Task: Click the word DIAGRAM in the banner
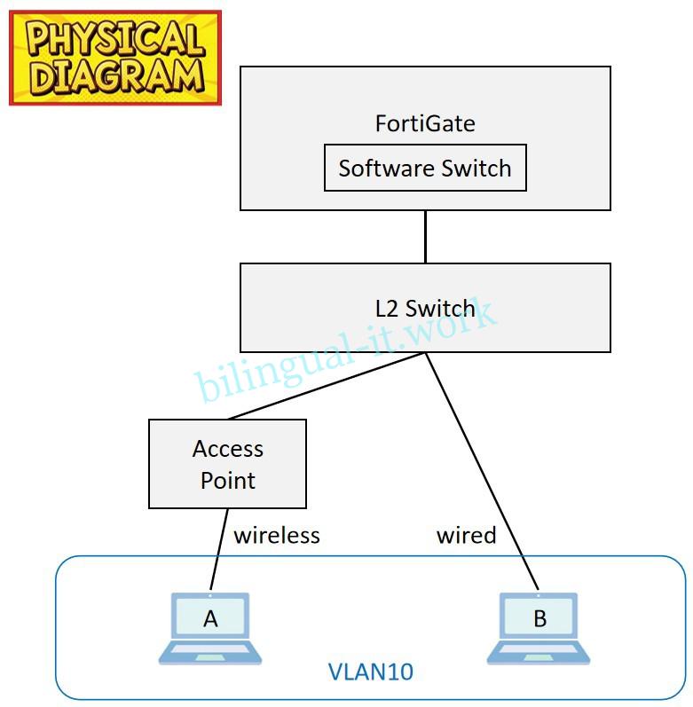(x=114, y=77)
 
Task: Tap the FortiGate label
(x=425, y=122)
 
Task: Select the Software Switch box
(x=425, y=168)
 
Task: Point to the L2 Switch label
(x=425, y=308)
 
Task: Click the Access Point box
(x=227, y=464)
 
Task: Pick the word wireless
(x=276, y=535)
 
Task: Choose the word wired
(x=466, y=535)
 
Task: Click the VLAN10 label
(x=371, y=672)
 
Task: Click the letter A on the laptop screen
(x=210, y=619)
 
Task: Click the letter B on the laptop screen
(x=539, y=619)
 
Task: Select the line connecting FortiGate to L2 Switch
(x=425, y=236)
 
